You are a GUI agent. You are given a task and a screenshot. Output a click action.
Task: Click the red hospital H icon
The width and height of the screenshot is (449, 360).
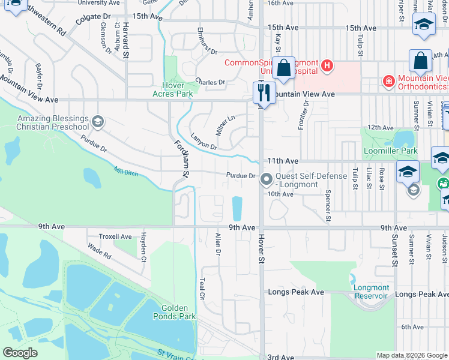click(x=327, y=65)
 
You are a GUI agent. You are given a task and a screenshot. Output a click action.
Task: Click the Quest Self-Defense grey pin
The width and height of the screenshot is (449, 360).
click(x=265, y=179)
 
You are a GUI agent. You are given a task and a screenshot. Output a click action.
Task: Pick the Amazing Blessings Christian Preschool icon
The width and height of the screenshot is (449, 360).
click(x=97, y=123)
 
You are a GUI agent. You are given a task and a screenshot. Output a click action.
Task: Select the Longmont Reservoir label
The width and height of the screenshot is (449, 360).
click(x=372, y=291)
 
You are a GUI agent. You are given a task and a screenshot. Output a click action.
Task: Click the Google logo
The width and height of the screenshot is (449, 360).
click(x=20, y=352)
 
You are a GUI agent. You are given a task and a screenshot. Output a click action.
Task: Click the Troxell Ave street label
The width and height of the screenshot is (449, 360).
click(x=115, y=236)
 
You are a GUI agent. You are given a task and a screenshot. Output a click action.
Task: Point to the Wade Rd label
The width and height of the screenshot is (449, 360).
click(x=99, y=251)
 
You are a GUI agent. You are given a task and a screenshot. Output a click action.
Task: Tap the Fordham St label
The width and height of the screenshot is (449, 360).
click(x=181, y=158)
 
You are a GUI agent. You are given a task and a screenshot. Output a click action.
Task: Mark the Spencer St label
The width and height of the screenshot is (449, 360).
click(x=328, y=206)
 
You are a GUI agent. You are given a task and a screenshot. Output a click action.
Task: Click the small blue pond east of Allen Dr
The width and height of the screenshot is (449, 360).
click(x=238, y=208)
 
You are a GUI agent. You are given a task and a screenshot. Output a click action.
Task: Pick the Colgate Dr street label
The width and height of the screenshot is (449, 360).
click(x=94, y=20)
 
